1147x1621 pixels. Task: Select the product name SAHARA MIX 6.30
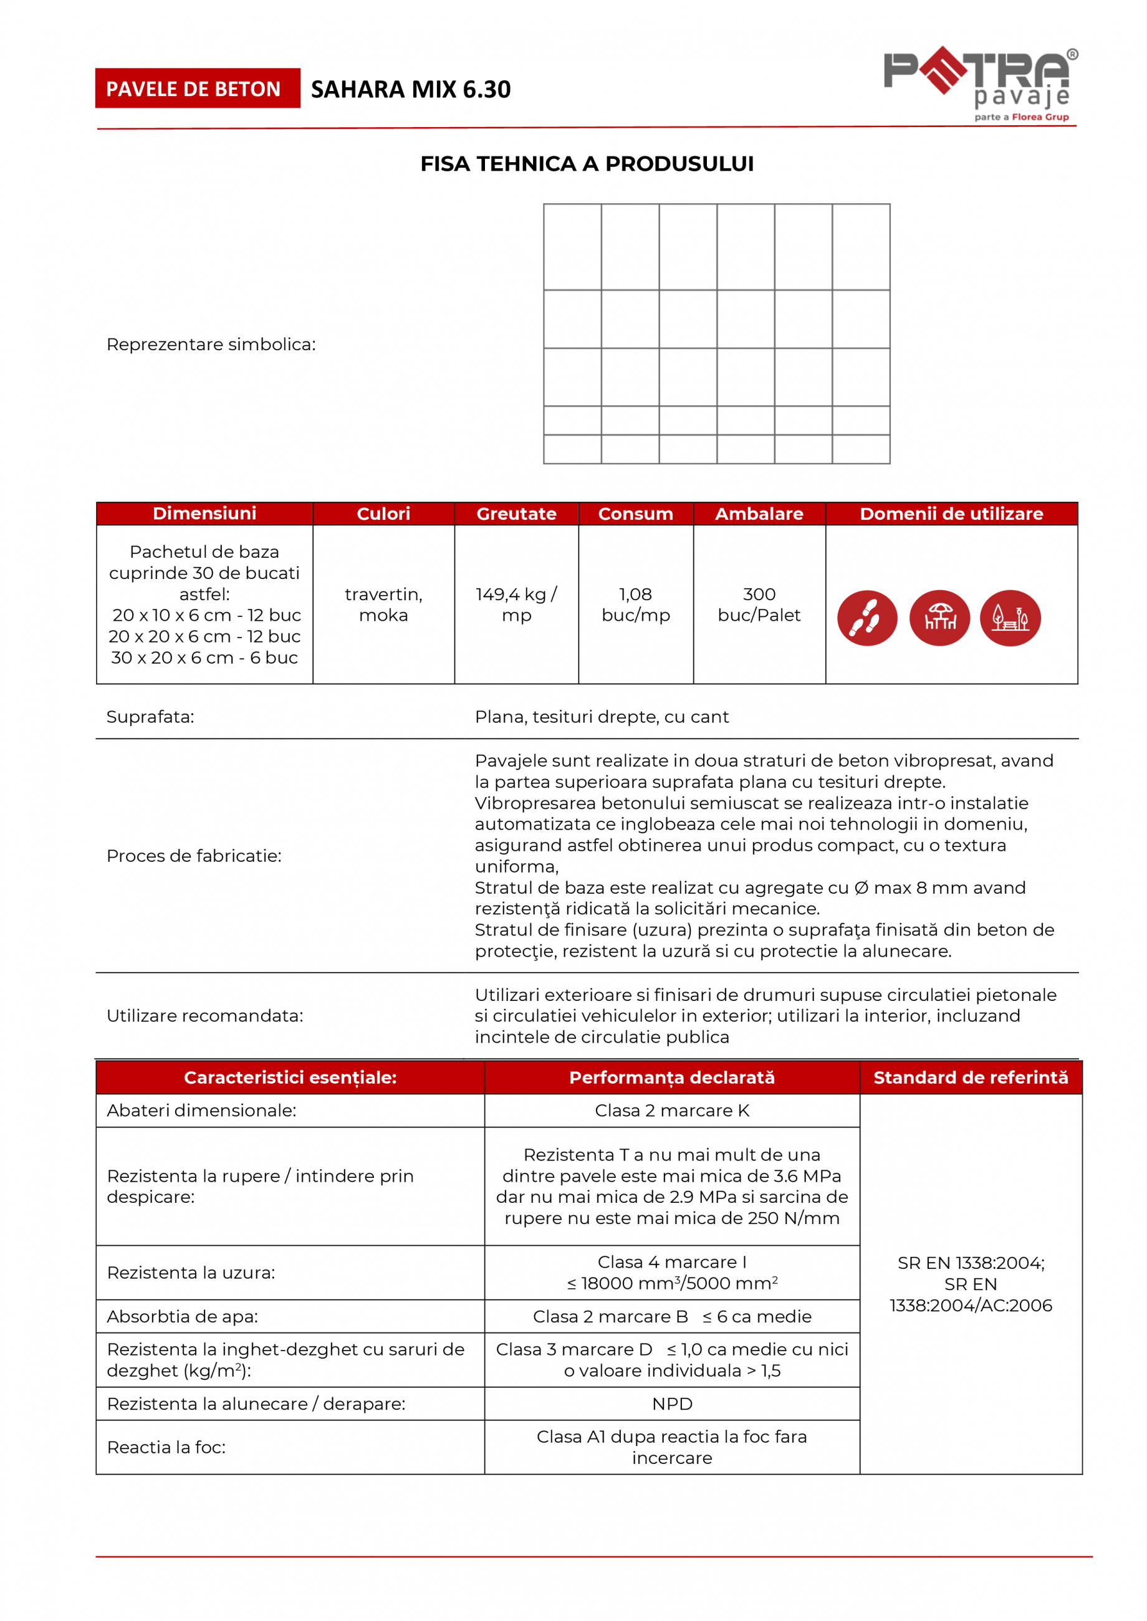[x=410, y=90]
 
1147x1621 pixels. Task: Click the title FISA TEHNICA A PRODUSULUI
[x=587, y=164]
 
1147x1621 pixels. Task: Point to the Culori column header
[x=383, y=514]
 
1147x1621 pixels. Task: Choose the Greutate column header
[x=516, y=514]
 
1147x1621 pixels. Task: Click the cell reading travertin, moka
[x=383, y=605]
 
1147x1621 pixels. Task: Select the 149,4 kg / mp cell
[x=516, y=605]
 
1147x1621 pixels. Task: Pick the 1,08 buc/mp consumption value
[x=636, y=605]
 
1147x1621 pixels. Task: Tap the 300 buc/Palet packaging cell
[x=759, y=605]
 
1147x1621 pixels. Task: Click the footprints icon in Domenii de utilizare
[x=866, y=618]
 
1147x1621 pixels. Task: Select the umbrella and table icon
[x=939, y=618]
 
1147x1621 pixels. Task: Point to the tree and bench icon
[x=1010, y=618]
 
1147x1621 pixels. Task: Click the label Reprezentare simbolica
[x=211, y=345]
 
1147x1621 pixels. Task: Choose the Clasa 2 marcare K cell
[x=671, y=1111]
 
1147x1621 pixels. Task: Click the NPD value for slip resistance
[x=671, y=1403]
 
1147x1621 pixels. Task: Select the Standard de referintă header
[x=971, y=1078]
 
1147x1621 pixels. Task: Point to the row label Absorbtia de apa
[x=182, y=1317]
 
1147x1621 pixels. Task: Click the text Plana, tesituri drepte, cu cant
[x=602, y=717]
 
